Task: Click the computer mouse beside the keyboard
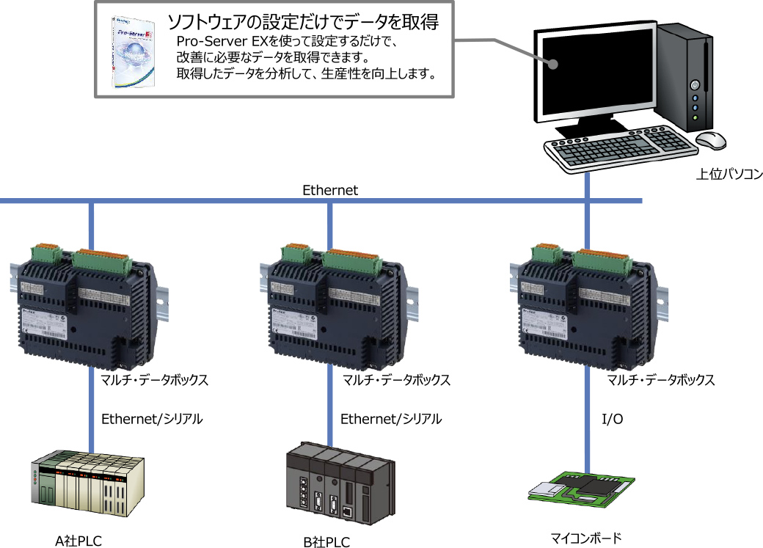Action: [x=709, y=139]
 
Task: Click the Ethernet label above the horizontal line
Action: [x=330, y=190]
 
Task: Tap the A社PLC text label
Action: [x=79, y=541]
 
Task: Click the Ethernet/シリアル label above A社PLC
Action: [x=151, y=419]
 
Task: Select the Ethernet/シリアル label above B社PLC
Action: [x=391, y=419]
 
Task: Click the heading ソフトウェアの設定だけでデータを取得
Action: [x=303, y=21]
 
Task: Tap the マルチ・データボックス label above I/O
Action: [x=661, y=380]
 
